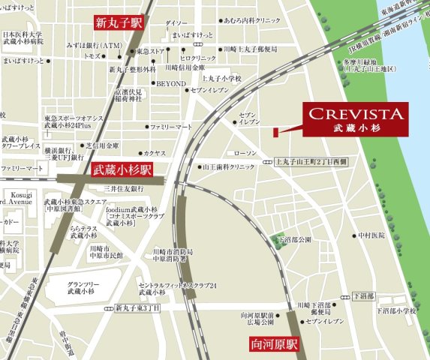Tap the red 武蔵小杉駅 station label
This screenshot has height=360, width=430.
pyautogui.click(x=122, y=171)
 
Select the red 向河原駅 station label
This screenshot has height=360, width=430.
pyautogui.click(x=274, y=346)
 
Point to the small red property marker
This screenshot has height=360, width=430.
pyautogui.click(x=275, y=133)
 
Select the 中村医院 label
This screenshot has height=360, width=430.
pyautogui.click(x=371, y=235)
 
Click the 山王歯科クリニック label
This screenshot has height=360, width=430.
pyautogui.click(x=231, y=166)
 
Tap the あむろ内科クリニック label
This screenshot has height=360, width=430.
pyautogui.click(x=255, y=21)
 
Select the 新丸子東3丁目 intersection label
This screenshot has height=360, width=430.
pyautogui.click(x=137, y=307)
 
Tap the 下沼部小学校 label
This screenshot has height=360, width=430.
pyautogui.click(x=395, y=310)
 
